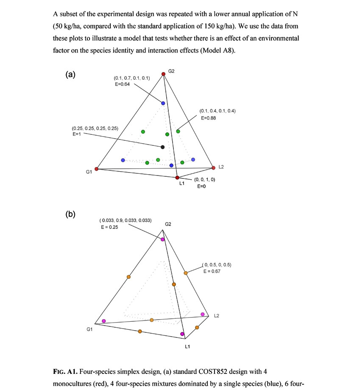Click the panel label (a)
pos(70,75)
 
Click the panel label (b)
pos(70,214)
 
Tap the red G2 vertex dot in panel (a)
pos(163,75)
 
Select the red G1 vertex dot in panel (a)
pos(97,169)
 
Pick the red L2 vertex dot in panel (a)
pos(213,168)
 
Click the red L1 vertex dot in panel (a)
pos(177,178)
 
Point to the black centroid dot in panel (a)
pos(163,147)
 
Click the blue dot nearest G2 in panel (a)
pos(163,103)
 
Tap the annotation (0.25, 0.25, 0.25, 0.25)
pos(95,128)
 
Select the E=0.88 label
pos(208,118)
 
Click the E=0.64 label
pos(122,84)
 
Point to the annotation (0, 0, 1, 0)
pos(205,180)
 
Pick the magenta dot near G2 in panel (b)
pos(163,240)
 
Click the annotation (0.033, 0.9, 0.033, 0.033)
pos(126,220)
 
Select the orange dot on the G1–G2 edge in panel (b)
pos(128,277)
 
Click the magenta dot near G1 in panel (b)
pos(104,320)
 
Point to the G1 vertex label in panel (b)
pos(89,329)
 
